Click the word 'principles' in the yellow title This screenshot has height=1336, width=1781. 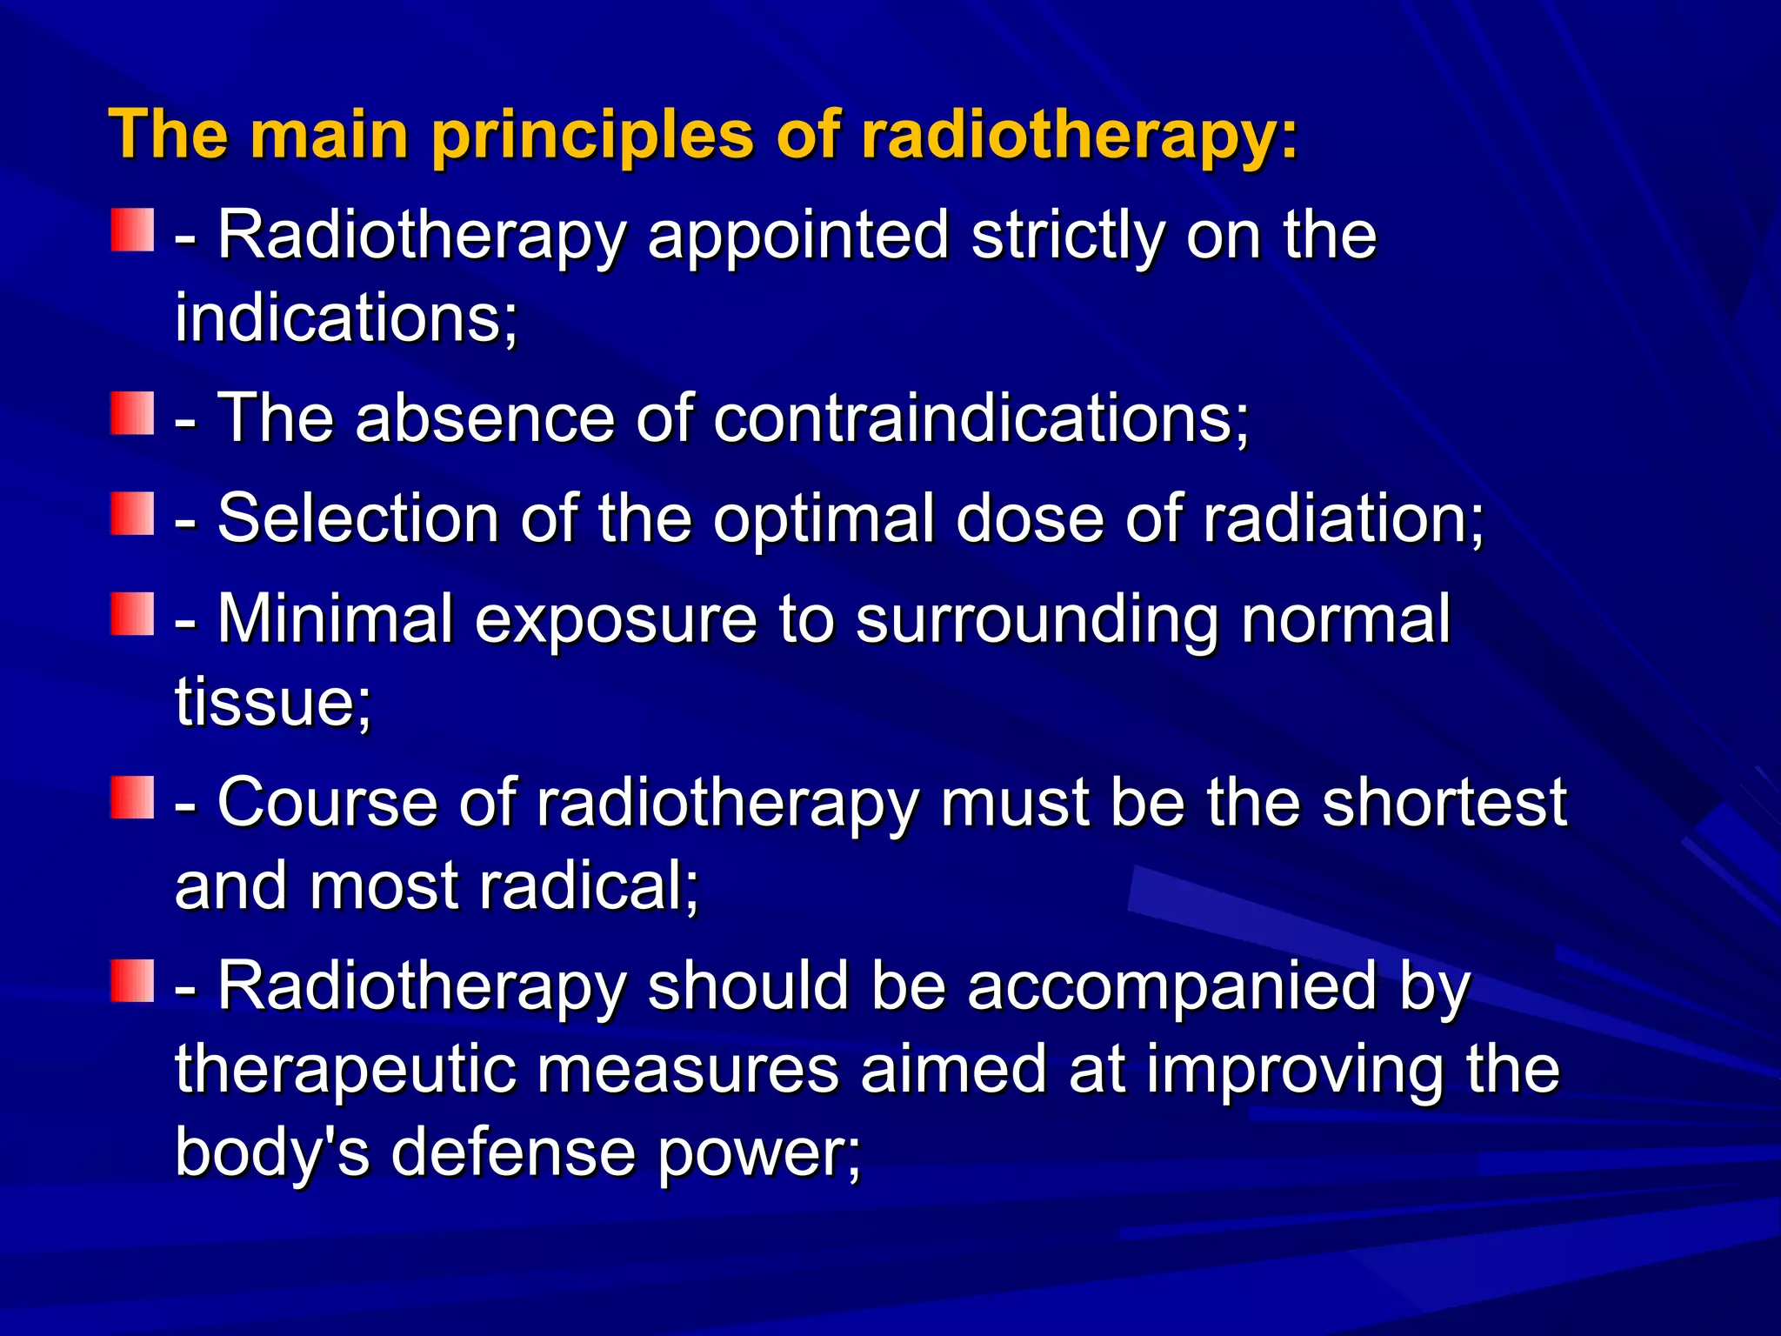click(591, 136)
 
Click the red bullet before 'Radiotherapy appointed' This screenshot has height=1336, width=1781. click(132, 230)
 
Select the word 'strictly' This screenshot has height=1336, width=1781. click(1067, 236)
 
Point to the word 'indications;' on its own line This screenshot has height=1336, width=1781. click(346, 317)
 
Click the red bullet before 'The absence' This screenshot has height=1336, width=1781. click(132, 413)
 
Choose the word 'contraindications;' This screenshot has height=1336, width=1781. click(981, 418)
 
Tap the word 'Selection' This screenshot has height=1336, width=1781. click(357, 518)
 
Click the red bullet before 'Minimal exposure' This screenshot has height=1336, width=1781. click(132, 614)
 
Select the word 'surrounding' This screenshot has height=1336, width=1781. click(1037, 619)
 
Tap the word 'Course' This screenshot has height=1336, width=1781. click(327, 802)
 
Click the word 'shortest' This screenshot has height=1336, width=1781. click(1444, 802)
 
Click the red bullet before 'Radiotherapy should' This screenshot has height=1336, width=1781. click(132, 981)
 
